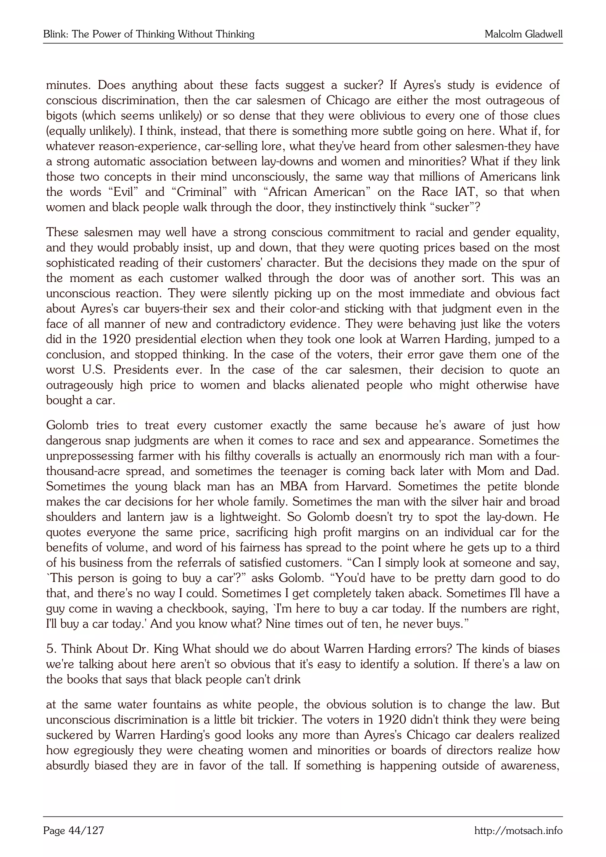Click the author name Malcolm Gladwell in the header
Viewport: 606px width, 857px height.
click(x=523, y=34)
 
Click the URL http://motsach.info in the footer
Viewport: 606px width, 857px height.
click(x=518, y=830)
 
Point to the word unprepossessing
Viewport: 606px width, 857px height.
click(x=90, y=456)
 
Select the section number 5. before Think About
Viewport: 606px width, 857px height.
click(x=51, y=649)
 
